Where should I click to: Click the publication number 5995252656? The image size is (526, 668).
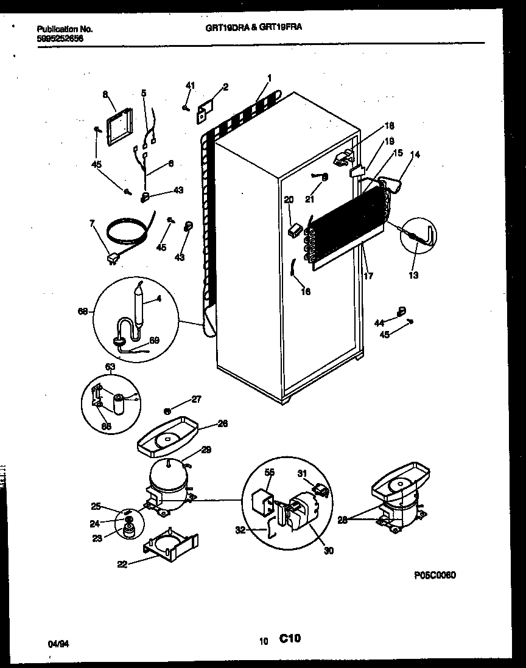tap(60, 38)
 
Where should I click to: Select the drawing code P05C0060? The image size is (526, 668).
tap(435, 574)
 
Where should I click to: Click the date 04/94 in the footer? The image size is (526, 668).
tap(55, 642)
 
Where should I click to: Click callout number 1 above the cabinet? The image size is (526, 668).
tap(269, 77)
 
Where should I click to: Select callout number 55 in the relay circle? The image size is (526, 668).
tap(269, 471)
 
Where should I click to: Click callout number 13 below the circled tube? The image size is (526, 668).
tap(413, 275)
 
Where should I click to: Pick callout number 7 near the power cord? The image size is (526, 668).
tap(92, 224)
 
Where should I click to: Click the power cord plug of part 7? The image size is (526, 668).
tap(112, 260)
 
